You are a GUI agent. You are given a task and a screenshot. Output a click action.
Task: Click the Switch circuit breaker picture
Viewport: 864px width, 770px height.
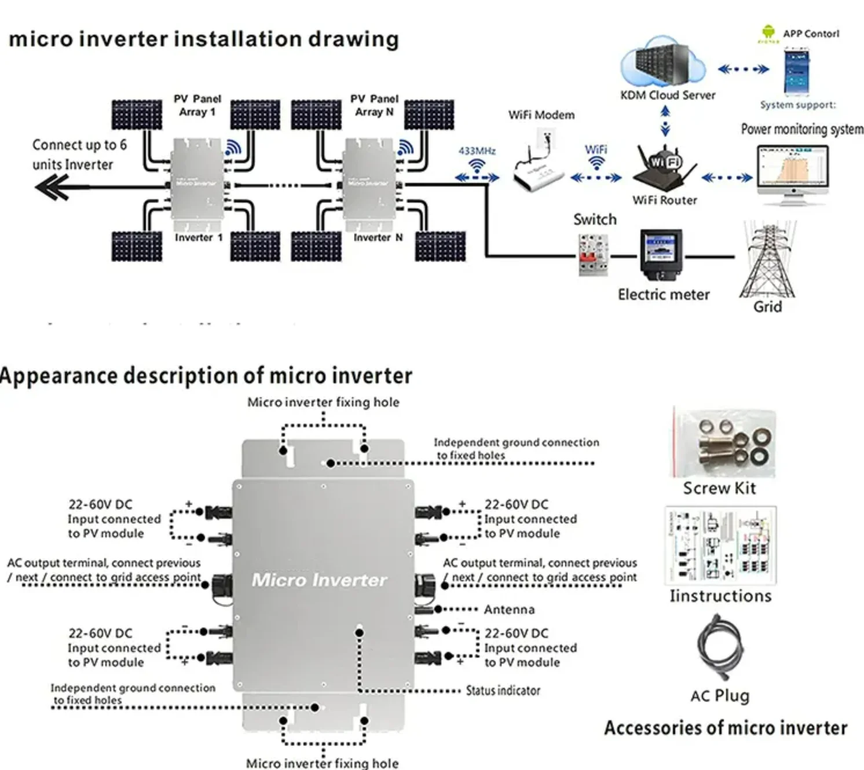594,255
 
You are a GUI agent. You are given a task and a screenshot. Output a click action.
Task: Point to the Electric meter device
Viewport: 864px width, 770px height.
660,254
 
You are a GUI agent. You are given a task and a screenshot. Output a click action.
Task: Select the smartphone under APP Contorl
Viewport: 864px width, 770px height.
797,71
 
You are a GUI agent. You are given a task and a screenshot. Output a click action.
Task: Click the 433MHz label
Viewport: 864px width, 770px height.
477,151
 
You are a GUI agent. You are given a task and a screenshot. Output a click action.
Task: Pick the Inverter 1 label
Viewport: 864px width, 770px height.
199,238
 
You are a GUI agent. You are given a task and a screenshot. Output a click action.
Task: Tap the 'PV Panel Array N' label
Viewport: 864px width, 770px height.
374,105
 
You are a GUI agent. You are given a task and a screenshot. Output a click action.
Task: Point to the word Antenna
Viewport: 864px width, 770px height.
509,610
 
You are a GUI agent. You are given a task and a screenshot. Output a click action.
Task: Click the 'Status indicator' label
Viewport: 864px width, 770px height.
503,691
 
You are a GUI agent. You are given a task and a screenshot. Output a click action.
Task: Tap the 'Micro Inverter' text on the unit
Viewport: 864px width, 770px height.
319,580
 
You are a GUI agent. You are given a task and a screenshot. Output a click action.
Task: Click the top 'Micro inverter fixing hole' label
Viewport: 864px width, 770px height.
323,402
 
